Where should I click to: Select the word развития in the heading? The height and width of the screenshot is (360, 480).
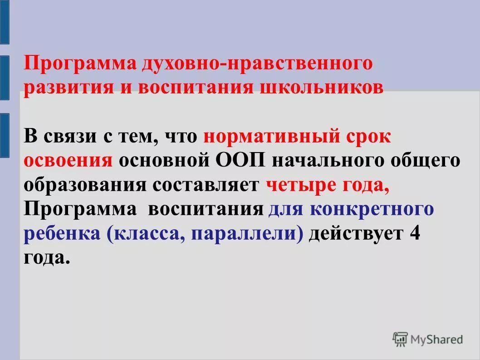click(x=67, y=87)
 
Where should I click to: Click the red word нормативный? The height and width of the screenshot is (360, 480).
click(x=270, y=137)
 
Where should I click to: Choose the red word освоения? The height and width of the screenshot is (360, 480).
click(x=68, y=161)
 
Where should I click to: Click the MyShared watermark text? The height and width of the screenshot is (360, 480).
click(x=436, y=339)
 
